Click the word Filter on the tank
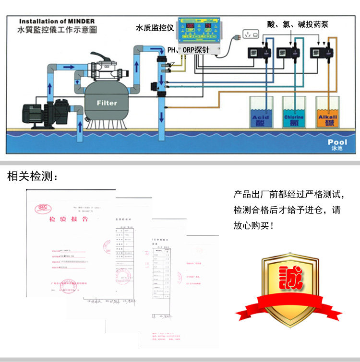(107, 103)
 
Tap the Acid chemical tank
(261, 113)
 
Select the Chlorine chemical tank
(294, 113)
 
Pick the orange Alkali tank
(328, 113)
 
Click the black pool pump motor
(38, 111)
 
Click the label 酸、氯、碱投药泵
(298, 24)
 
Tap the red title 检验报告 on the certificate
(69, 219)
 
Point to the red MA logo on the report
(41, 209)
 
